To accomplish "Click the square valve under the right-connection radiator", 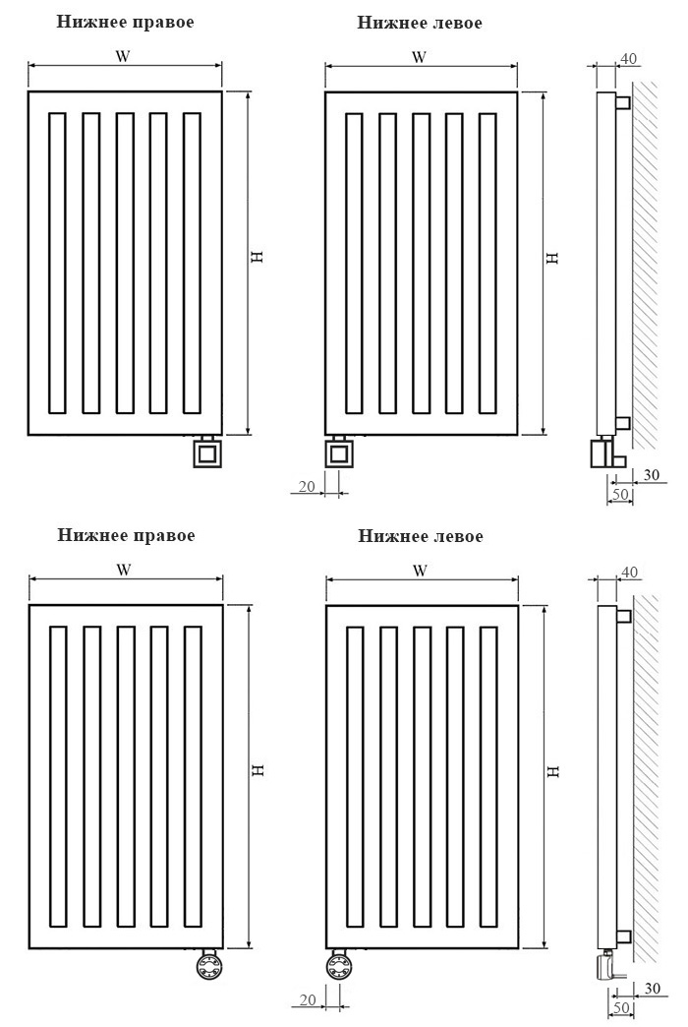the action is [208, 453].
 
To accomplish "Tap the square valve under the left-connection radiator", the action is [339, 453].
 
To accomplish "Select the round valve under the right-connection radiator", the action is [209, 967].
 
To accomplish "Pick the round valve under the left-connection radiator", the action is [339, 967].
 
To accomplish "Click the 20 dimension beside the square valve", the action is [307, 486].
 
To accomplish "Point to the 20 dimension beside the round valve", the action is [308, 1000].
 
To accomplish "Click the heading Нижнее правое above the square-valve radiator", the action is [125, 22].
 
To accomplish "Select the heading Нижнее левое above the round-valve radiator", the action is [421, 536].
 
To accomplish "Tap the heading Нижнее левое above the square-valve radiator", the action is [420, 23].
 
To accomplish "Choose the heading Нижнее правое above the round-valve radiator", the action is [126, 535].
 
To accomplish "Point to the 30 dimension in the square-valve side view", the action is [652, 474].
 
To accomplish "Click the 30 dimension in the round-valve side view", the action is [652, 988].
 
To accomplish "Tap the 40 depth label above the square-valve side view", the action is [628, 59].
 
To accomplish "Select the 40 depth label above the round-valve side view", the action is [629, 573].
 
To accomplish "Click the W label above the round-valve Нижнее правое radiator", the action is [124, 570].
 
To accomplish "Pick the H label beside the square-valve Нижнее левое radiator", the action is [553, 258].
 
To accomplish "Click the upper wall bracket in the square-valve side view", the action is [622, 103].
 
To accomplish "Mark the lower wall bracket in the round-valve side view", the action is [623, 936].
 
